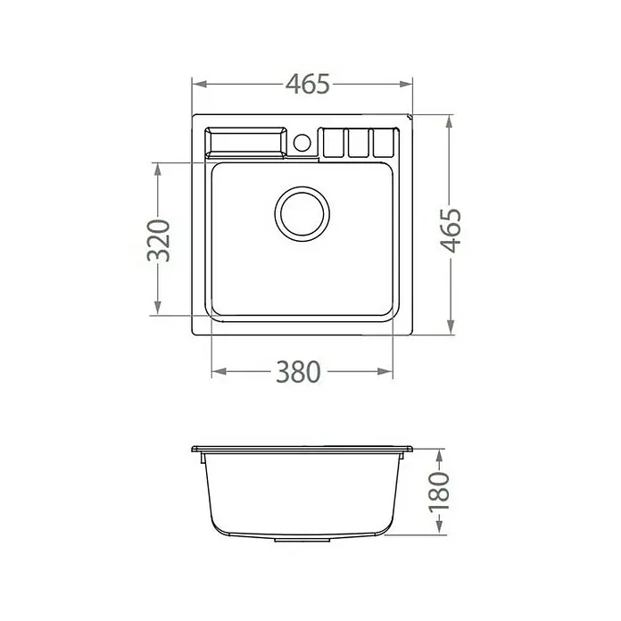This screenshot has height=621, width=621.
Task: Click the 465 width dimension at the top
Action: tap(308, 84)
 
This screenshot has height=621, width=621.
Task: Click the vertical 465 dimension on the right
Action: tap(451, 230)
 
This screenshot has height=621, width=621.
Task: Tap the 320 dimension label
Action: tap(159, 240)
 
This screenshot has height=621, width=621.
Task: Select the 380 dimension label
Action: tap(298, 371)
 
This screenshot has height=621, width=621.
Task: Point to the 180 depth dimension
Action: tap(440, 492)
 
